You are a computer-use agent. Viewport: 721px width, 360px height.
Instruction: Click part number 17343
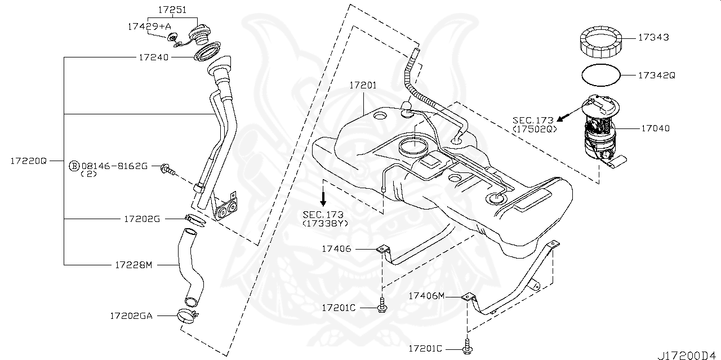[653, 38]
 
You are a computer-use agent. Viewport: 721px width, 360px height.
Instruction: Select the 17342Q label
[656, 75]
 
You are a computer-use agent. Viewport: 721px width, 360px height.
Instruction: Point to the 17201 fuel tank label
[363, 86]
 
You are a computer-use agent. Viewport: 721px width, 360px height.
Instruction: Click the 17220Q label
[28, 161]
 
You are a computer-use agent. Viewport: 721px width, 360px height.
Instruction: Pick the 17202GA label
[131, 316]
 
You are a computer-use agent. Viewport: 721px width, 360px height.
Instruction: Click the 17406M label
[426, 295]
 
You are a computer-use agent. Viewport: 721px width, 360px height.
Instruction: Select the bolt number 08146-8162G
[114, 166]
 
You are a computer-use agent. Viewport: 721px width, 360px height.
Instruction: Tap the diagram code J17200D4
[688, 355]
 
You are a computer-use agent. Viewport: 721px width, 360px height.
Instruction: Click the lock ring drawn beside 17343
[601, 43]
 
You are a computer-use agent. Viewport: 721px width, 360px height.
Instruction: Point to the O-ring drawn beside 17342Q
[600, 74]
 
